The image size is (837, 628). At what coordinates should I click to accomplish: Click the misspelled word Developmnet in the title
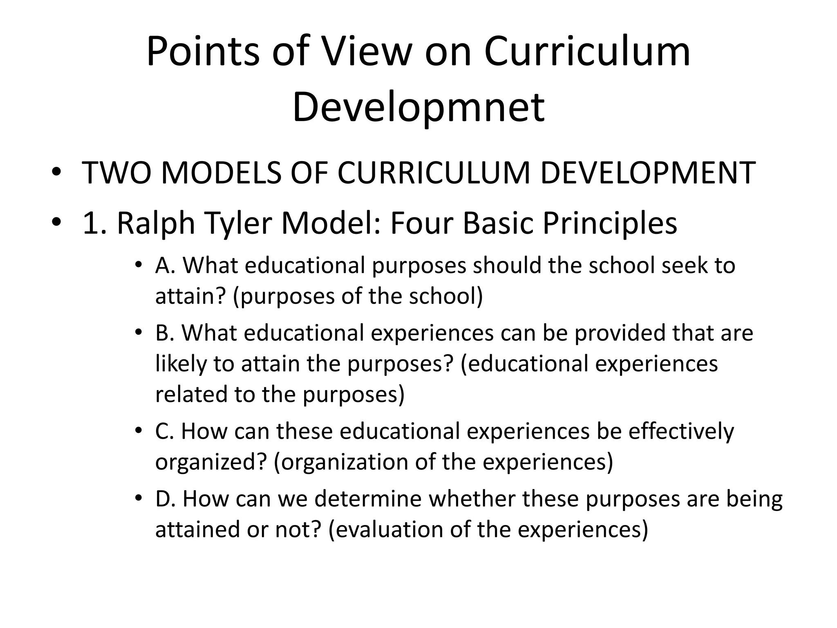click(418, 107)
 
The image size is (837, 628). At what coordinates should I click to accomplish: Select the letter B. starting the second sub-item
click(165, 333)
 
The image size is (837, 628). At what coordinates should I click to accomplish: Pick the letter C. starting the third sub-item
click(165, 431)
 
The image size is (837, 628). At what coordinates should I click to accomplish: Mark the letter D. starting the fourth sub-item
click(166, 499)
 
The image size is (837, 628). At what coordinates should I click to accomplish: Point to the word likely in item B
click(181, 364)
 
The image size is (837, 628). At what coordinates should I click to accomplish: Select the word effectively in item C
click(681, 431)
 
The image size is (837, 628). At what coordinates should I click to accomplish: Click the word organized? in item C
click(211, 462)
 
